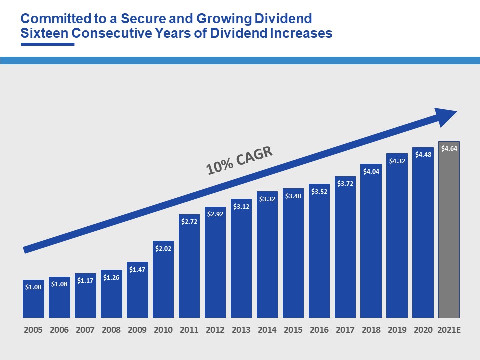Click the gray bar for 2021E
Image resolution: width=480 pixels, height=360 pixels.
click(x=448, y=235)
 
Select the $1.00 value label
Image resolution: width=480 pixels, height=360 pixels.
click(x=33, y=287)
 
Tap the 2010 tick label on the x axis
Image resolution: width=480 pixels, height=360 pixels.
click(x=163, y=330)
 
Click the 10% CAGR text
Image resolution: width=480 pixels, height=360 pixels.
click(x=240, y=160)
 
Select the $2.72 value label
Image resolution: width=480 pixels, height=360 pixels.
click(x=189, y=221)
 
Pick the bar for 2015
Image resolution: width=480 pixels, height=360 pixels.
click(x=293, y=255)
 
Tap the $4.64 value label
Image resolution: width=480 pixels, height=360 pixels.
click(x=449, y=148)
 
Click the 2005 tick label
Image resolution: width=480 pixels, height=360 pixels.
click(x=33, y=330)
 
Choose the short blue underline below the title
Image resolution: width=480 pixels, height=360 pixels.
click(x=47, y=44)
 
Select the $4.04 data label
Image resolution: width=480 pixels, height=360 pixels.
click(x=371, y=171)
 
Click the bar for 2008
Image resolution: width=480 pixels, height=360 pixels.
click(x=111, y=295)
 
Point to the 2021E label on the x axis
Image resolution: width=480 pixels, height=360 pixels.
click(x=449, y=330)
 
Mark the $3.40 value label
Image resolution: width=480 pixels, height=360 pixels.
click(x=293, y=196)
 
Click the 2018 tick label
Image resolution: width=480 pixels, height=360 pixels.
click(x=371, y=330)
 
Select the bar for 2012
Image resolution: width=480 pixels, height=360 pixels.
click(x=215, y=262)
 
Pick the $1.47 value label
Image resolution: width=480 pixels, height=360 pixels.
click(x=137, y=269)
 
